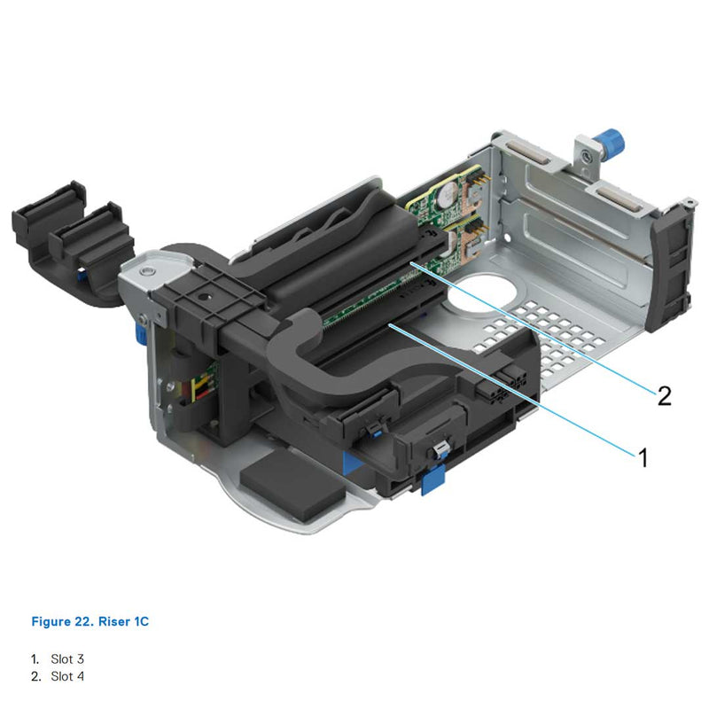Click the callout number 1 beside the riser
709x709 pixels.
pyautogui.click(x=643, y=457)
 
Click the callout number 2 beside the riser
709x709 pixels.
pyautogui.click(x=664, y=394)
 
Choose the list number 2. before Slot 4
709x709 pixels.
pyautogui.click(x=36, y=676)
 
